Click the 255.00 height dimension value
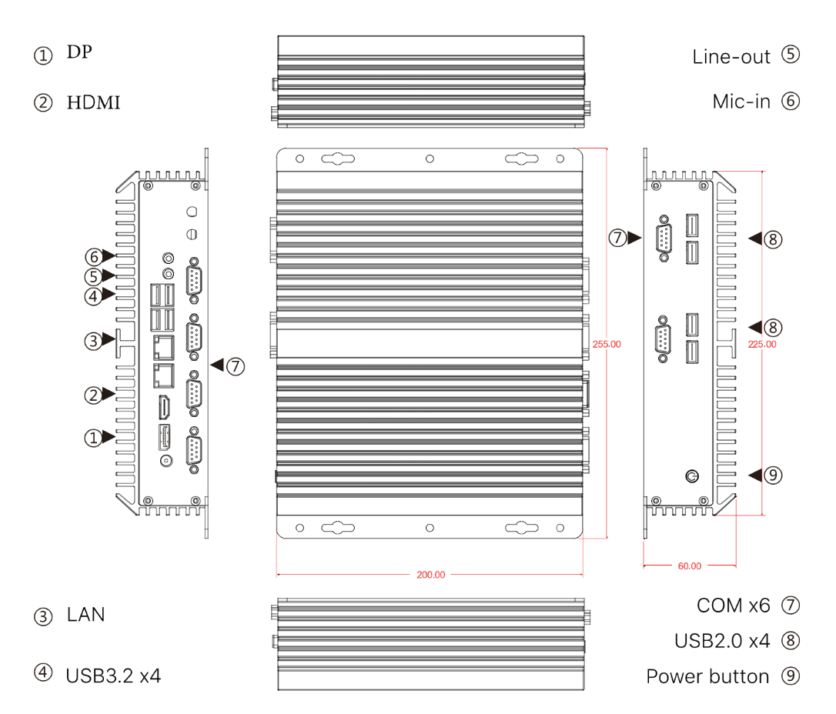(x=607, y=344)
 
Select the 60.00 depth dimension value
(x=689, y=566)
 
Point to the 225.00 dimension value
(x=762, y=344)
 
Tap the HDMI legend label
(x=93, y=102)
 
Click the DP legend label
(x=80, y=52)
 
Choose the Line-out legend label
(x=731, y=56)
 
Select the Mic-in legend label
(x=741, y=102)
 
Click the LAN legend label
(x=85, y=615)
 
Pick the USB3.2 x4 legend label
(x=113, y=676)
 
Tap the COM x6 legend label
(x=733, y=606)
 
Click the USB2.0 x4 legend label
(x=722, y=640)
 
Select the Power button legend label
(x=707, y=676)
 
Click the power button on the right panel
(x=692, y=475)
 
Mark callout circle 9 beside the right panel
(x=774, y=475)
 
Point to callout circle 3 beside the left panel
(x=93, y=341)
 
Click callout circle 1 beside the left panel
(x=93, y=438)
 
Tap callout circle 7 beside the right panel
(x=618, y=239)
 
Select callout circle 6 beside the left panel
(x=93, y=255)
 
